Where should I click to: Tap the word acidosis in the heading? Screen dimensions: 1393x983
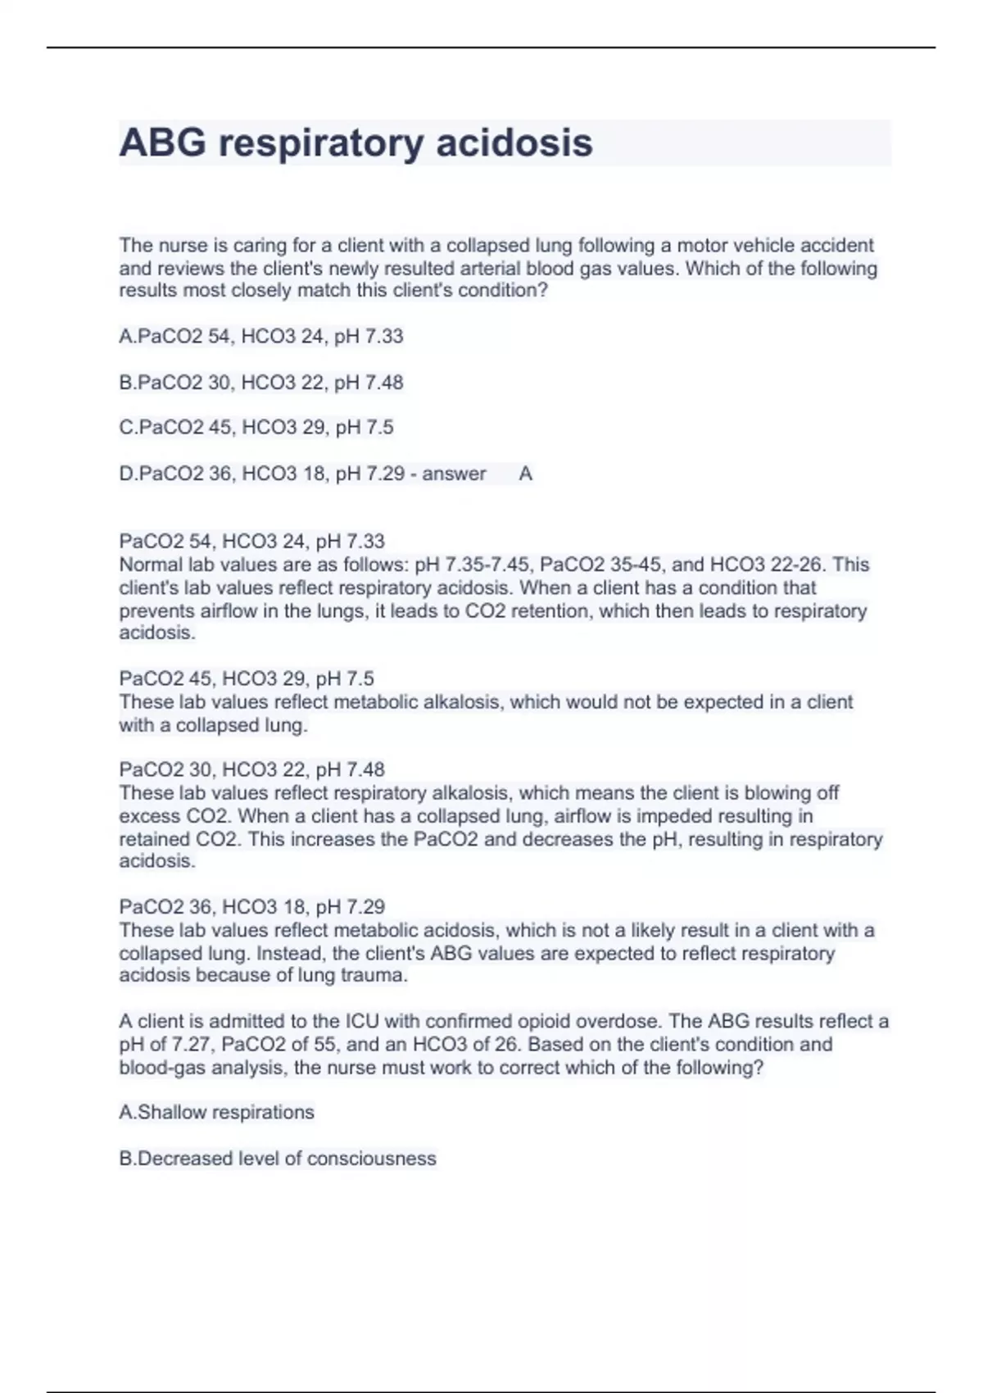tap(514, 143)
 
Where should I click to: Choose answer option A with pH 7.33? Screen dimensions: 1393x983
tap(261, 337)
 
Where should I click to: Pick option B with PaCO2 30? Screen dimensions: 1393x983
tap(261, 383)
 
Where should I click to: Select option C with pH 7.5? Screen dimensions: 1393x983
tap(256, 428)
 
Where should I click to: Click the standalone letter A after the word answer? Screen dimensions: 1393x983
tap(526, 474)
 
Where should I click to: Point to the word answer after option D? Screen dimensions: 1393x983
tap(454, 474)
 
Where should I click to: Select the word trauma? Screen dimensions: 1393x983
tap(378, 976)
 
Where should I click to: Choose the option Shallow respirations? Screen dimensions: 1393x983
tap(217, 1113)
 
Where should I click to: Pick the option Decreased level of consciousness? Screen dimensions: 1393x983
tap(278, 1159)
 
